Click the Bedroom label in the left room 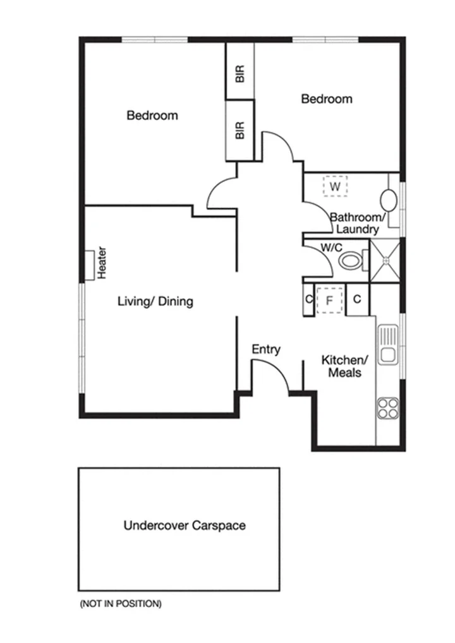coord(152,116)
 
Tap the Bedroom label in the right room coord(326,99)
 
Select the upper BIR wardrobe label coord(240,75)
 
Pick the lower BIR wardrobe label coord(240,131)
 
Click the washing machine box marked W coord(336,186)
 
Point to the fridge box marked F coord(329,300)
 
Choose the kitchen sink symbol coord(387,345)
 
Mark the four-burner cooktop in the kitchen coord(387,408)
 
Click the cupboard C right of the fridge coord(356,299)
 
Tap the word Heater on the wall coord(101,263)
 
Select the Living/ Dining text coord(155,301)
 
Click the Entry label coord(266,349)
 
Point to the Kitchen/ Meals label coord(341,366)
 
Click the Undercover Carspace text coord(185,525)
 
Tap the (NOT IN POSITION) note coord(120,604)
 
